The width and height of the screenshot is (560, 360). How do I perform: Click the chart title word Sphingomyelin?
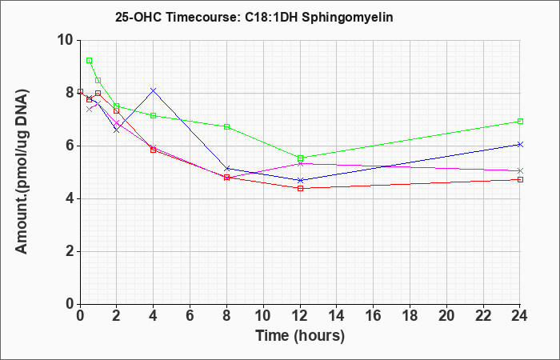pyautogui.click(x=347, y=18)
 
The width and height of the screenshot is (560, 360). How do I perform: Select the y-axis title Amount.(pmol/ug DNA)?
pyautogui.click(x=22, y=172)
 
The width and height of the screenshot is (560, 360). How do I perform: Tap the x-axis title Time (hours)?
pyautogui.click(x=300, y=336)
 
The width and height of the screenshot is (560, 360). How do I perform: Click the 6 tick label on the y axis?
pyautogui.click(x=70, y=146)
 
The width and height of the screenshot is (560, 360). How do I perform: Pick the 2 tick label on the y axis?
pyautogui.click(x=70, y=251)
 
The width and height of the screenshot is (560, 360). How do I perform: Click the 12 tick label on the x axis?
pyautogui.click(x=300, y=316)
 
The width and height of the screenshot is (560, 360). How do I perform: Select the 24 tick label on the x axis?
pyautogui.click(x=519, y=316)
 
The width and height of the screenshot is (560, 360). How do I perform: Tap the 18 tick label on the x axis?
pyautogui.click(x=410, y=316)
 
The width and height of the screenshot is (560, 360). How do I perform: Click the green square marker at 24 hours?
pyautogui.click(x=520, y=122)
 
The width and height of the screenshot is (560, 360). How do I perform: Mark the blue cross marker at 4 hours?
pyautogui.click(x=154, y=90)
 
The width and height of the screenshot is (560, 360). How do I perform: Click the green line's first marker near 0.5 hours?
pyautogui.click(x=90, y=60)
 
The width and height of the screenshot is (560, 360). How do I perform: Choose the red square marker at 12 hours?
pyautogui.click(x=300, y=188)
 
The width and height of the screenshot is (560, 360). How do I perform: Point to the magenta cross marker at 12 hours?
pyautogui.click(x=300, y=163)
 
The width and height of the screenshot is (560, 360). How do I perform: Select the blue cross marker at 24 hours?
pyautogui.click(x=520, y=144)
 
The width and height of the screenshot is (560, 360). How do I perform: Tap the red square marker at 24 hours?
pyautogui.click(x=520, y=180)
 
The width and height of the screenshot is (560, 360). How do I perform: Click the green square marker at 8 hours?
pyautogui.click(x=226, y=126)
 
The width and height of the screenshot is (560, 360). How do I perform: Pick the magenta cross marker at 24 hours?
pyautogui.click(x=520, y=170)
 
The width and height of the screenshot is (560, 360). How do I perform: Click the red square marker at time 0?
pyautogui.click(x=80, y=92)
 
